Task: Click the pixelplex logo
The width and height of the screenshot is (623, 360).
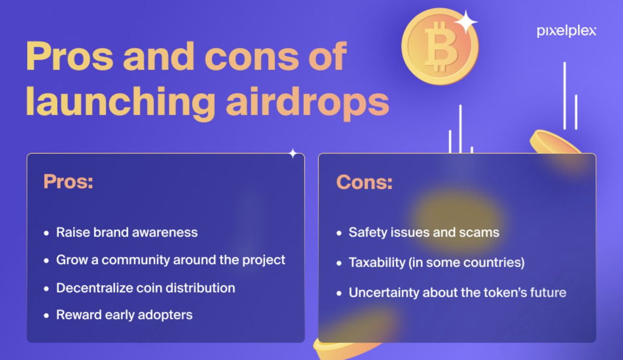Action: coord(566,31)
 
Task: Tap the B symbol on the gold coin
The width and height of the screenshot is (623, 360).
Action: coord(440,47)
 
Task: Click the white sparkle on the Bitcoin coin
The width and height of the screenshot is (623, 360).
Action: coord(466,22)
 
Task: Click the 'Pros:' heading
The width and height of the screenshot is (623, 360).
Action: coord(68,181)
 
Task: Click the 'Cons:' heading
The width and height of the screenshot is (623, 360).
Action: coord(365,182)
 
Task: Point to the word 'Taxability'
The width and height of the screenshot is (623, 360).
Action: coord(377,263)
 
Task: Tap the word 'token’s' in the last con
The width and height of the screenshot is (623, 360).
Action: coord(505,292)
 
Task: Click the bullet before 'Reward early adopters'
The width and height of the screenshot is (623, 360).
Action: coord(46,316)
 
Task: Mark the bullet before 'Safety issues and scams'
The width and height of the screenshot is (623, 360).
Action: coord(339,233)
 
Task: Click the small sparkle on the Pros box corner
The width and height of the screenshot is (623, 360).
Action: coord(293,153)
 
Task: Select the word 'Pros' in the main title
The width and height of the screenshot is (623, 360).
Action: coord(70,56)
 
